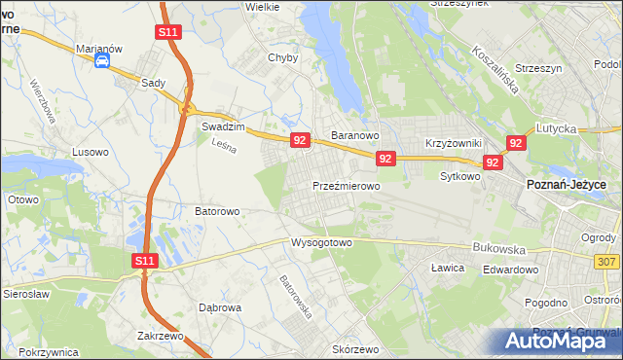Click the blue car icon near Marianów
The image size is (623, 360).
(x=101, y=60)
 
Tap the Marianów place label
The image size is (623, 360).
(x=99, y=46)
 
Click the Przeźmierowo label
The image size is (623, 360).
(x=346, y=185)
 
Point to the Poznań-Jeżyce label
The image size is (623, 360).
(x=567, y=185)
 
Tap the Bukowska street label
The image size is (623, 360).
(x=497, y=248)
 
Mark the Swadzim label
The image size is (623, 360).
(x=221, y=126)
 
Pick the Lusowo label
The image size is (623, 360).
(x=92, y=152)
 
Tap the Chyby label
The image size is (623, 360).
(x=282, y=57)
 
